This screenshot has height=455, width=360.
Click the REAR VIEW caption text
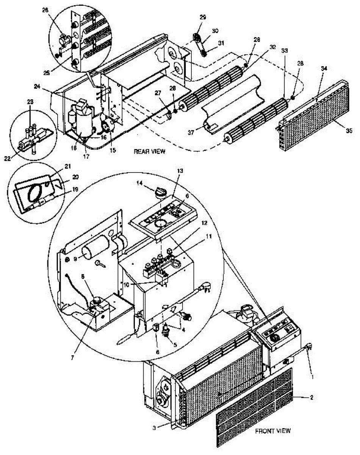click(149, 151)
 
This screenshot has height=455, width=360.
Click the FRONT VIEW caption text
click(273, 431)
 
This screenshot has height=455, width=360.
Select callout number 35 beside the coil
click(349, 130)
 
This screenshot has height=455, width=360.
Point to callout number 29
click(202, 17)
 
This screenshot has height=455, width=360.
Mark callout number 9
click(75, 259)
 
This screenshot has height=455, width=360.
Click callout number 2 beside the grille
click(311, 398)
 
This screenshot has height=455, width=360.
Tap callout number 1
click(312, 377)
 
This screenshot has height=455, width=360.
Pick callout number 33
click(284, 50)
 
